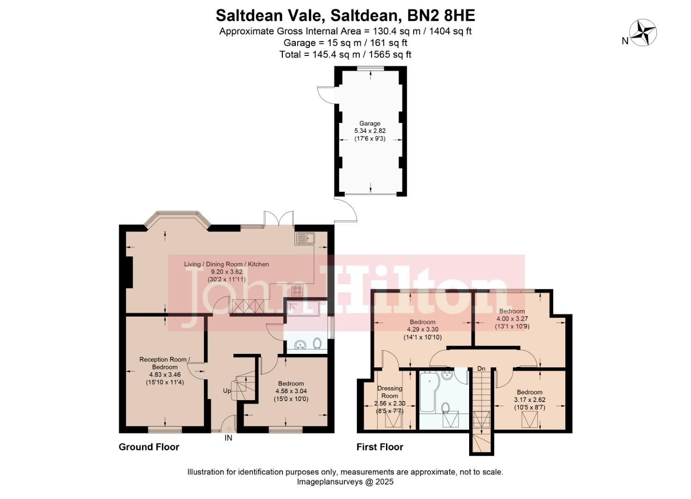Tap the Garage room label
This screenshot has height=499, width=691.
(x=370, y=123)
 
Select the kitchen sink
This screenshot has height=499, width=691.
(x=305, y=238)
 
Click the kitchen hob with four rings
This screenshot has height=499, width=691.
(x=297, y=291)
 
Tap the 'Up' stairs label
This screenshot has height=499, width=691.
(x=227, y=391)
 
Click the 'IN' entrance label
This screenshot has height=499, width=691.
(x=228, y=438)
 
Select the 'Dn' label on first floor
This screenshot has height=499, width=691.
(x=481, y=369)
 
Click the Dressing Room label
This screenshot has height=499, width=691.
(x=390, y=392)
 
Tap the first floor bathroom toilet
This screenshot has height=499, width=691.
(x=446, y=408)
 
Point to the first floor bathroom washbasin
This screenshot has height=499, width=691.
(x=447, y=375)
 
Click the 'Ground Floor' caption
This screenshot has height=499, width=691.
(x=149, y=447)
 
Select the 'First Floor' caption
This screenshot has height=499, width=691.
(x=379, y=447)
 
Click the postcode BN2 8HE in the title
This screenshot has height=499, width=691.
(x=441, y=16)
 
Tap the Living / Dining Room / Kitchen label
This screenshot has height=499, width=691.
(x=226, y=264)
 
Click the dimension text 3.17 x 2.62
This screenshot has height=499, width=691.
(x=530, y=400)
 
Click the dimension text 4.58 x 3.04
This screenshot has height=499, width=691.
(x=291, y=391)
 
